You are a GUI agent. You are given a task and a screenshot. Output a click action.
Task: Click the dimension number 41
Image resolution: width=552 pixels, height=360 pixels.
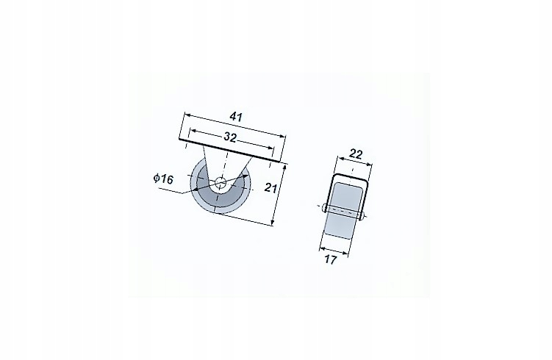235,116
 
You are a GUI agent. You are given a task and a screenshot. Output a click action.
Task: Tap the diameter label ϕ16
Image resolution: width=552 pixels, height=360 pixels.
162,179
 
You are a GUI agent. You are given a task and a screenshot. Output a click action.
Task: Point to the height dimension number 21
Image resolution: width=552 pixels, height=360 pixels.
270,188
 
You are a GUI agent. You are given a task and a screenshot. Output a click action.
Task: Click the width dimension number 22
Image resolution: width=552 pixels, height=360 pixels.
355,154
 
